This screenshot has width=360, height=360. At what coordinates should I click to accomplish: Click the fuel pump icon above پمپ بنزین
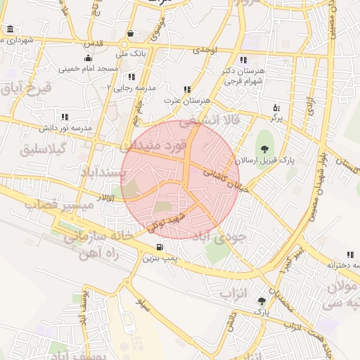[160, 247]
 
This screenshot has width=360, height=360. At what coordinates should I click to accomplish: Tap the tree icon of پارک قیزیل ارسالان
[264, 148]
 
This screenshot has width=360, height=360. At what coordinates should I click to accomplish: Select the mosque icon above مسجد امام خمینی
[87, 58]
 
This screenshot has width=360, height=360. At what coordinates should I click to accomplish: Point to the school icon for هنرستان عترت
[187, 89]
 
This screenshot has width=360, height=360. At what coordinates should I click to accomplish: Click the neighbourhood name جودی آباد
[238, 238]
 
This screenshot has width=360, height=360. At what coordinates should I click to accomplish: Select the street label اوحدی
[206, 49]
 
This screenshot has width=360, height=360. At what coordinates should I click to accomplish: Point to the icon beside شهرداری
[10, 30]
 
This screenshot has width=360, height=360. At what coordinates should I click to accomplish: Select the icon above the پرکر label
[276, 108]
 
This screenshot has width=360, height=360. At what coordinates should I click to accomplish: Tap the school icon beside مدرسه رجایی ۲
[131, 77]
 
